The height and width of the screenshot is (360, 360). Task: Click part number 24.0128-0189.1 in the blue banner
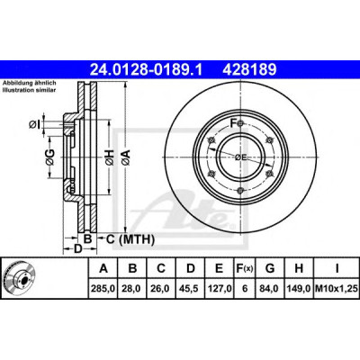tap(147, 69)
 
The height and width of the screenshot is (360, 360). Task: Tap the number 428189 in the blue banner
tap(249, 69)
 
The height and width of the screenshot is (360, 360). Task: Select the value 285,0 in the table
tap(103, 289)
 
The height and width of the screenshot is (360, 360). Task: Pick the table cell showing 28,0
tap(132, 289)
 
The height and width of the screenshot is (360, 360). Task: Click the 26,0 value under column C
tap(161, 289)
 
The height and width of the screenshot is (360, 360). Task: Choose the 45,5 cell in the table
tap(190, 289)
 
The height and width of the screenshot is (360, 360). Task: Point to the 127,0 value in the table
tap(219, 289)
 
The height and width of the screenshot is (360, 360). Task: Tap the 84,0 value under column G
tap(269, 289)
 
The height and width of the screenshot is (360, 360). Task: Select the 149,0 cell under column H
tap(299, 289)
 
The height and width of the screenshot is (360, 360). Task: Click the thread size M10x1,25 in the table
tap(337, 289)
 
